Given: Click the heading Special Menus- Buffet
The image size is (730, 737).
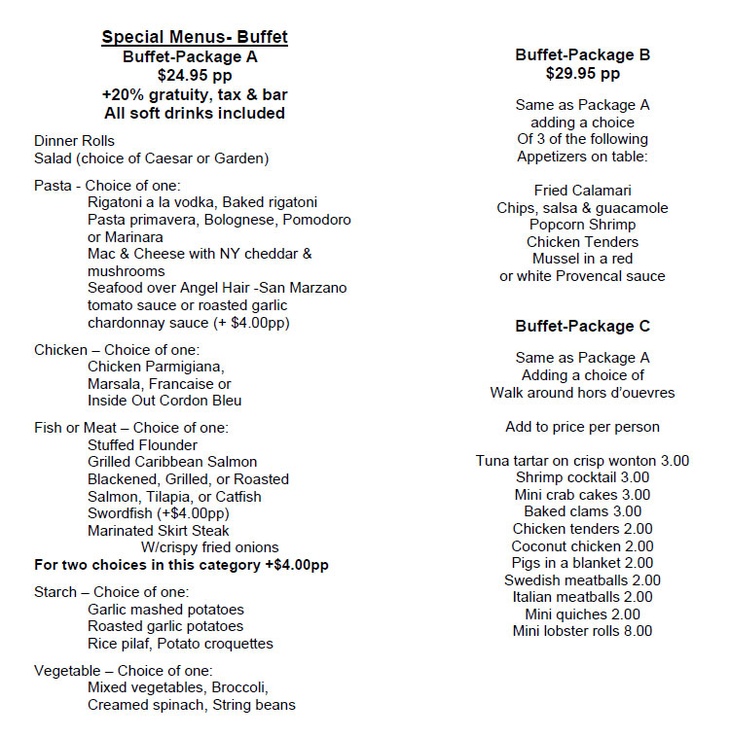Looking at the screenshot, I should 195,38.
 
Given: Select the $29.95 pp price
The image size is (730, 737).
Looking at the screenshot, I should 582,73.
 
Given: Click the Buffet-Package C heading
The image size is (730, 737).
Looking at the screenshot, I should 582,326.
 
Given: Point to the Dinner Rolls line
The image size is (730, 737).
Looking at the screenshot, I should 74,141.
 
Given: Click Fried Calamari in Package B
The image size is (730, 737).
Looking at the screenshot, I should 582,191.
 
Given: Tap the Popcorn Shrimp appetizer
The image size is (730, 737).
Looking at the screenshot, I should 582,225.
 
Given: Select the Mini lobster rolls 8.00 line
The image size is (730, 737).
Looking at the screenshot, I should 582,631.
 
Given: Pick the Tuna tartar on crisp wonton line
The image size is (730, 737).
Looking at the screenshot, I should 582,461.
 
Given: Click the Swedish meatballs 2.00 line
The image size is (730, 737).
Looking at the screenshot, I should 582,580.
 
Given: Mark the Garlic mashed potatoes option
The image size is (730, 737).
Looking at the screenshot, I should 165,610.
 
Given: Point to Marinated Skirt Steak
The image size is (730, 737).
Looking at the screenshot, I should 159,531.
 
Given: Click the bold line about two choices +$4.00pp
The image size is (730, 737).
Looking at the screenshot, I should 181,565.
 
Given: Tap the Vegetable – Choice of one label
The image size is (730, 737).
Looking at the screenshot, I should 123,671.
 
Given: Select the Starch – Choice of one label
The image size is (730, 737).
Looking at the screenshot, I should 111,592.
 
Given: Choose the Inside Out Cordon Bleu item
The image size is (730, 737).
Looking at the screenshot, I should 164,401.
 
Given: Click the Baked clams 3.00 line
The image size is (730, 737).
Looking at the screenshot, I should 582,511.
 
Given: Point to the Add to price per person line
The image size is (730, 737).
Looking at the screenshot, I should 582,427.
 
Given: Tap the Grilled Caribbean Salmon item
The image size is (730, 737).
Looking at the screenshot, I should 172,462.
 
